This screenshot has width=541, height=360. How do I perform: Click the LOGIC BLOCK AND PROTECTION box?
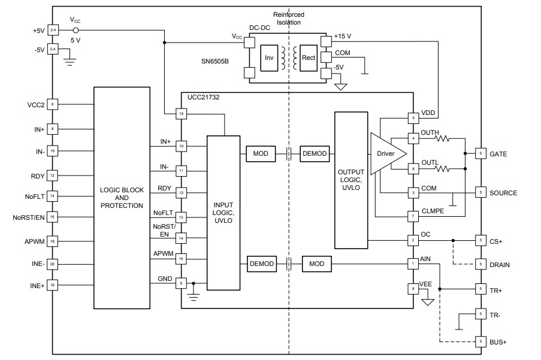point(122,198)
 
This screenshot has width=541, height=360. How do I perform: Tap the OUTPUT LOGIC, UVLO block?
point(350,180)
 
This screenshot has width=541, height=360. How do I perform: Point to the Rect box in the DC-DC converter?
point(309,58)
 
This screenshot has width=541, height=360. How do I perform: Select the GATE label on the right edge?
point(498,154)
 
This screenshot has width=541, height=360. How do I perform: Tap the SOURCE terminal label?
point(503,193)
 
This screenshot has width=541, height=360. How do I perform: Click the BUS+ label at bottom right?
point(498,341)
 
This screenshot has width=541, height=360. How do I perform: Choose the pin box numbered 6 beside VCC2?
point(53,104)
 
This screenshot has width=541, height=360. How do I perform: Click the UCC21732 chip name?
point(203,96)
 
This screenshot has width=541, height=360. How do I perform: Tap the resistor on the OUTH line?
point(442,139)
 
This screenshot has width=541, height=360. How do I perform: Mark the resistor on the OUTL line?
point(442,170)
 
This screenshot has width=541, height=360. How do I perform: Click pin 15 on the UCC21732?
point(180,113)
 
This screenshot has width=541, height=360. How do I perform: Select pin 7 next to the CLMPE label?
point(412,216)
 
